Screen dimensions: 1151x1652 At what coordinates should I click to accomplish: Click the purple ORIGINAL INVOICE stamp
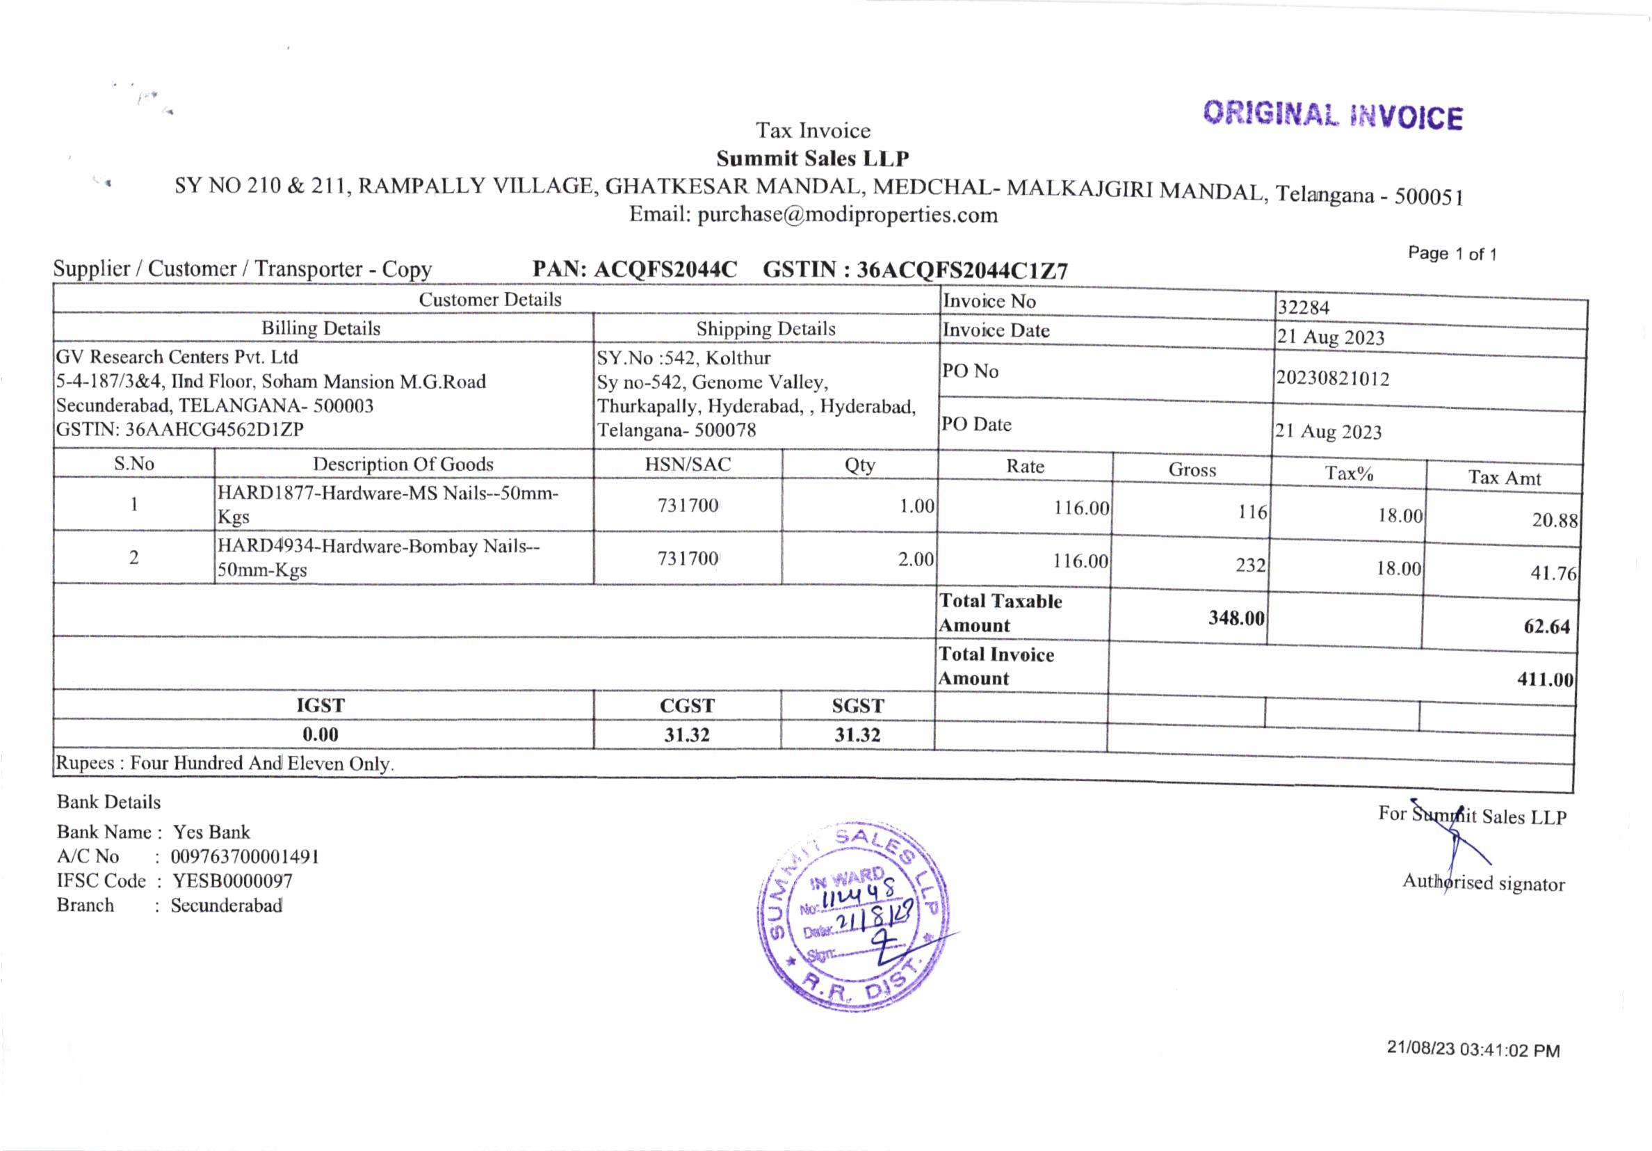click(x=1333, y=116)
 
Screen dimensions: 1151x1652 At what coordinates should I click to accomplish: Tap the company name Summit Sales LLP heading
click(x=812, y=158)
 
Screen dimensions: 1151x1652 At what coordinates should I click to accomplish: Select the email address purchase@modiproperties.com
click(x=847, y=214)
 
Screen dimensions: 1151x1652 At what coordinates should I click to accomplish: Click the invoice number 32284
click(x=1303, y=307)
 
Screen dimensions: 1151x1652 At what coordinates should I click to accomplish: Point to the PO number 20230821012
click(x=1333, y=378)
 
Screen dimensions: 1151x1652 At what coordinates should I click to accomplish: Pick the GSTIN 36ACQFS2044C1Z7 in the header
click(x=962, y=270)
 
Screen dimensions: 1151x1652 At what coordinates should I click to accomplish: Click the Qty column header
click(x=860, y=465)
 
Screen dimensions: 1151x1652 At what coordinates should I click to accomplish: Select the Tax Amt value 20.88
click(x=1554, y=520)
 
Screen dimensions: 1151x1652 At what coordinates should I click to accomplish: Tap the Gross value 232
click(x=1251, y=565)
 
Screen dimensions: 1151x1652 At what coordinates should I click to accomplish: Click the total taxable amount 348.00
click(x=1236, y=618)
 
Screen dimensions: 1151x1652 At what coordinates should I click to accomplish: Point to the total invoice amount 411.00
click(x=1545, y=679)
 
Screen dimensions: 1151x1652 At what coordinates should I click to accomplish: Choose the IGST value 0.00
click(x=321, y=734)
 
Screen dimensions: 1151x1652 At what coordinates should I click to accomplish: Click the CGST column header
click(x=687, y=705)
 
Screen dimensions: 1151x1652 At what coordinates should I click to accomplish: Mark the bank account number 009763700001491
click(x=245, y=857)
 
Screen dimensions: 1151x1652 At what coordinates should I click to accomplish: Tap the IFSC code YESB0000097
click(x=232, y=881)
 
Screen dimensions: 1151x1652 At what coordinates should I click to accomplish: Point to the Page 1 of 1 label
click(x=1452, y=253)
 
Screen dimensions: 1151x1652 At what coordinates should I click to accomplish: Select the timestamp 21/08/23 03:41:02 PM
click(x=1473, y=1050)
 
